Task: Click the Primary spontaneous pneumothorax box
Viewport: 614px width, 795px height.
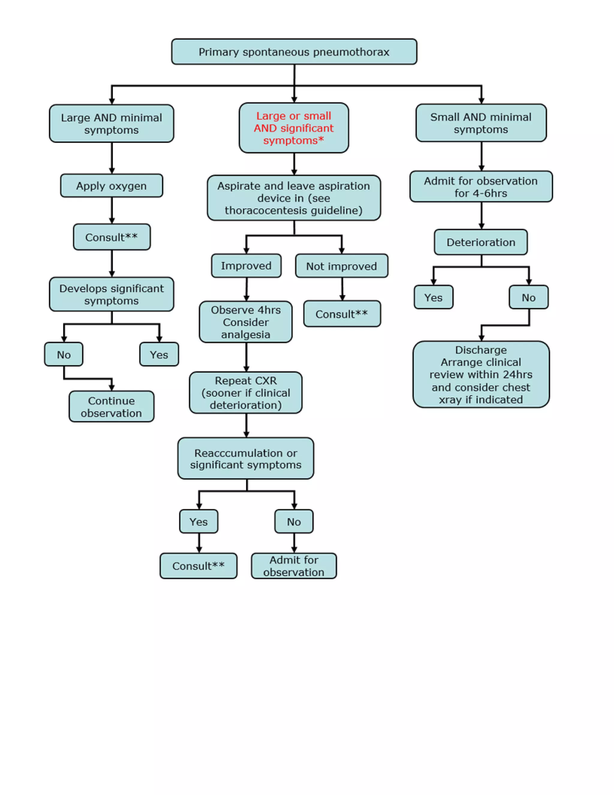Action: coord(294,52)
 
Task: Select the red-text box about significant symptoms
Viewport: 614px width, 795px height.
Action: coord(294,128)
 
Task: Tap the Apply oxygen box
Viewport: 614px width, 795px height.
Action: coord(111,186)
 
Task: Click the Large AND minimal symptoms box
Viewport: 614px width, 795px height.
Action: coord(111,123)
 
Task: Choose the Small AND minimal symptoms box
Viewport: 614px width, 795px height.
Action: coord(481,123)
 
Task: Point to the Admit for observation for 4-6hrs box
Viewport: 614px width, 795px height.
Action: coord(481,187)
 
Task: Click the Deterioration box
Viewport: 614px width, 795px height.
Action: coord(481,242)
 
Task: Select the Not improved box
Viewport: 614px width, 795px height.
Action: coord(341,266)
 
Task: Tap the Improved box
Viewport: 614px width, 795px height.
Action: coord(246,266)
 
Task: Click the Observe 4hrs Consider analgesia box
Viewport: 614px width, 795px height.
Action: coord(246,322)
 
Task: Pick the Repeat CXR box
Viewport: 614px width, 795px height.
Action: coord(246,392)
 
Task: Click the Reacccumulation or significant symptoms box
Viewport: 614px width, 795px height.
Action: coord(246,458)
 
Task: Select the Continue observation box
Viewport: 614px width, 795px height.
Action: coord(111,406)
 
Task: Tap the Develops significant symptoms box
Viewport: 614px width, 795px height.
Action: coord(111,294)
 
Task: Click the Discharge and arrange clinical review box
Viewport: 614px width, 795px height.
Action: coord(481,374)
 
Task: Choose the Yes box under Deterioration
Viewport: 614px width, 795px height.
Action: coord(433,297)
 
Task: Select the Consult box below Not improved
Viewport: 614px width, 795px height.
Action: coord(341,314)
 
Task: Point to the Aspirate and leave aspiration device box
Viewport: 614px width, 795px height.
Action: coord(294,198)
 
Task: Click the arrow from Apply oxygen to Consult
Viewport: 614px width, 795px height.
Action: coord(112,210)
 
